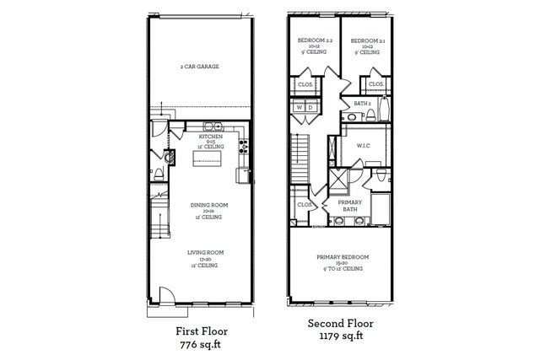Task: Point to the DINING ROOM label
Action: (x=205, y=204)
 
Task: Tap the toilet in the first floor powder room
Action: (x=168, y=157)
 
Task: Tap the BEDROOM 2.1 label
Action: (x=367, y=40)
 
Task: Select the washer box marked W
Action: (x=299, y=108)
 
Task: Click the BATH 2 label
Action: (x=364, y=104)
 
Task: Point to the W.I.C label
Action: (x=364, y=146)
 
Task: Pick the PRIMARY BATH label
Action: (x=349, y=206)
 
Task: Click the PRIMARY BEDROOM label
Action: (x=341, y=257)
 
